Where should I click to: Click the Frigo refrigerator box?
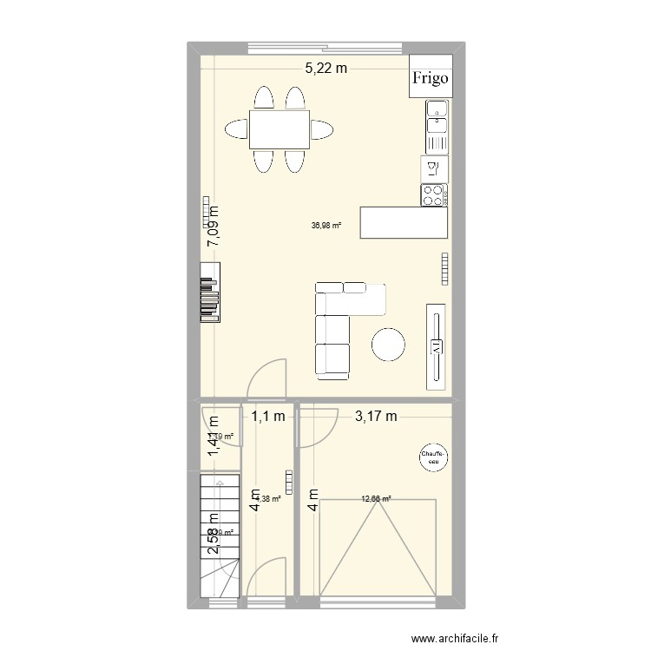pyautogui.click(x=431, y=78)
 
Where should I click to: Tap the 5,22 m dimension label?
pyautogui.click(x=325, y=69)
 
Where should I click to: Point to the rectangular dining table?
pyautogui.click(x=279, y=129)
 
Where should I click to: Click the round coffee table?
pyautogui.click(x=388, y=344)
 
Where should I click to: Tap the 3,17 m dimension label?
pyautogui.click(x=376, y=417)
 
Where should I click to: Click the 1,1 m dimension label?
pyautogui.click(x=269, y=417)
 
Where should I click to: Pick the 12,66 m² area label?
pyautogui.click(x=376, y=499)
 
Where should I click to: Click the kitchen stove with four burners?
pyautogui.click(x=433, y=195)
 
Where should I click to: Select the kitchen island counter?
pyautogui.click(x=404, y=222)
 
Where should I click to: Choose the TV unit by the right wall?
pyautogui.click(x=437, y=345)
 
